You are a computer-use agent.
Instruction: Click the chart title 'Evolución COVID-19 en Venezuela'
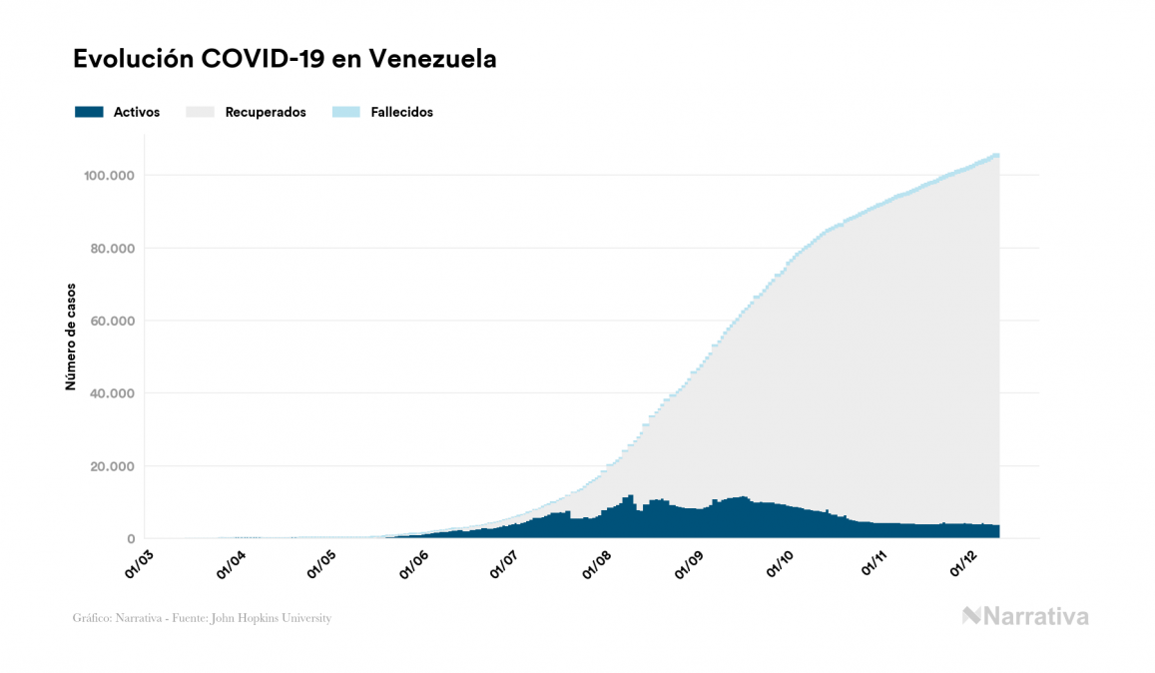point(285,59)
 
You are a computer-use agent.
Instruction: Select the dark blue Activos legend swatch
point(89,112)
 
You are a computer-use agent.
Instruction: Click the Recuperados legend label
point(265,112)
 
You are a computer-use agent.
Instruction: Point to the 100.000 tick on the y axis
point(110,176)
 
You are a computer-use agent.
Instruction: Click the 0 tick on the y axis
point(131,539)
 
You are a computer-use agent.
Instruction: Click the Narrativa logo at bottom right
point(1025,616)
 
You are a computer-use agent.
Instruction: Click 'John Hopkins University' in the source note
point(280,618)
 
